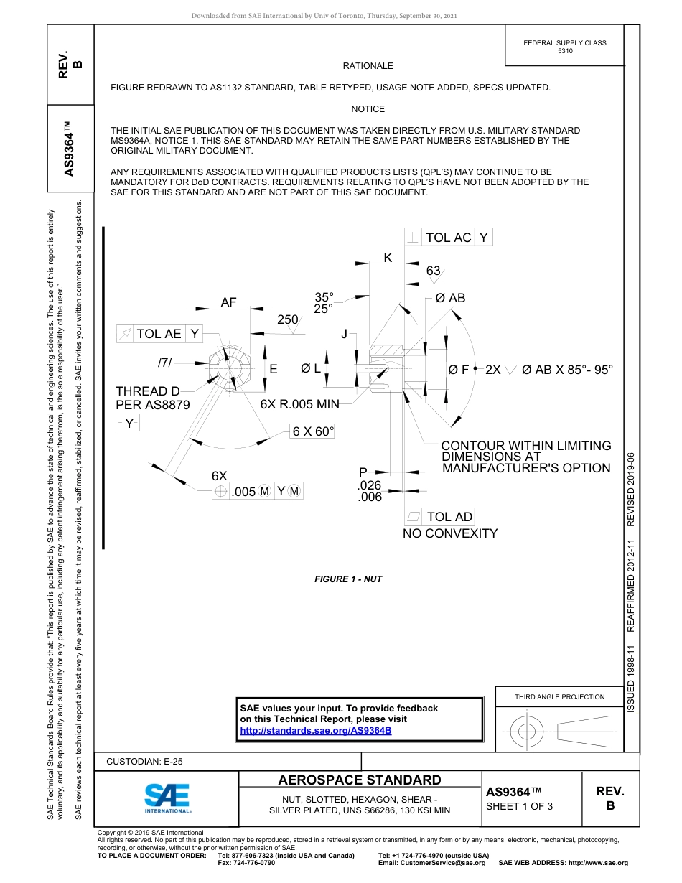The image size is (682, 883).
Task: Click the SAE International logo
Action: (x=167, y=797)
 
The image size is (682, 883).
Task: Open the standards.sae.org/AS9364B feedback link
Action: (x=315, y=730)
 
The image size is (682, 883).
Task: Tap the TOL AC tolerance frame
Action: (x=449, y=238)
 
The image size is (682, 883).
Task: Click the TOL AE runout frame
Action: (x=159, y=334)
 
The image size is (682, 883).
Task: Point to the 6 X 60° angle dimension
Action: (x=314, y=431)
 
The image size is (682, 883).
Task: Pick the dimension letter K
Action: (x=388, y=258)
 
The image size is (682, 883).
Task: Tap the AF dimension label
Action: (x=228, y=303)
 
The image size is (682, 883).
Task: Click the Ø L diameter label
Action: (x=310, y=368)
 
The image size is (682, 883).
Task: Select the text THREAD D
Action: (x=148, y=391)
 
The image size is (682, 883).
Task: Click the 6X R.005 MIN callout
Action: (x=299, y=405)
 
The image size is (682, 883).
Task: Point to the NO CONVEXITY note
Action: (x=450, y=533)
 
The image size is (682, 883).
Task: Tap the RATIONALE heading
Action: (x=368, y=66)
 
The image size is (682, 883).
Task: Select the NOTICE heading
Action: (x=368, y=109)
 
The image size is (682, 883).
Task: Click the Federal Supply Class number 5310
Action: (x=565, y=52)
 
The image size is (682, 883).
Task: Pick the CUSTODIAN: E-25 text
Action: (x=144, y=762)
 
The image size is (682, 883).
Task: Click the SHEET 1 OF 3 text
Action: (x=519, y=806)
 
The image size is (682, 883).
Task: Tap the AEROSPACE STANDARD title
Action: (x=360, y=780)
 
